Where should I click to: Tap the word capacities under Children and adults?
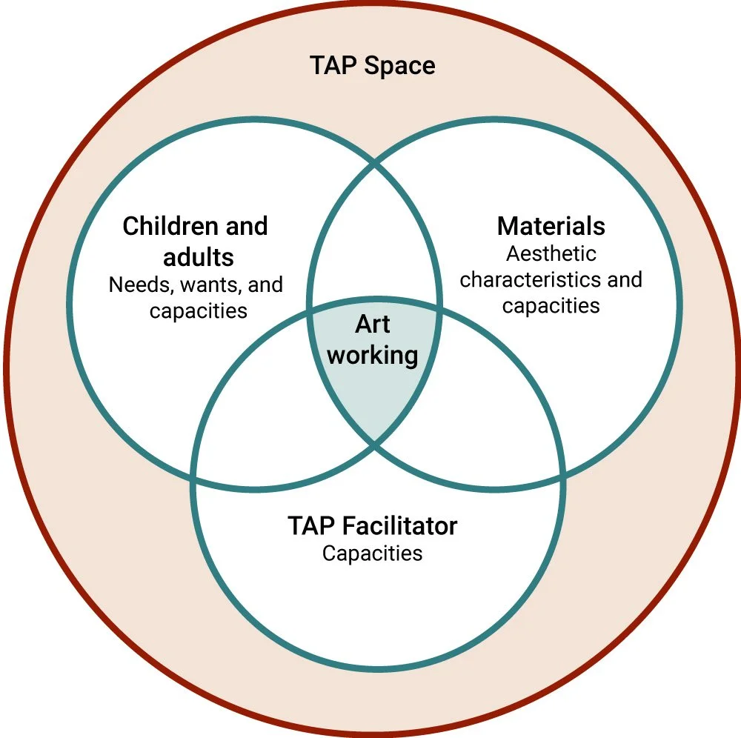[x=198, y=310]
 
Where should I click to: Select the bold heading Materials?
[x=551, y=225]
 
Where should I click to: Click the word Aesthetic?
[x=551, y=253]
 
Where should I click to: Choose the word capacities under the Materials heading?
[x=551, y=305]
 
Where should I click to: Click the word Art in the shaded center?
[x=372, y=325]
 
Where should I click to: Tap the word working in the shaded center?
[x=373, y=355]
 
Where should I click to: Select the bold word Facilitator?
[x=400, y=526]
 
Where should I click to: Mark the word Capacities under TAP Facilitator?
[x=372, y=553]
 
